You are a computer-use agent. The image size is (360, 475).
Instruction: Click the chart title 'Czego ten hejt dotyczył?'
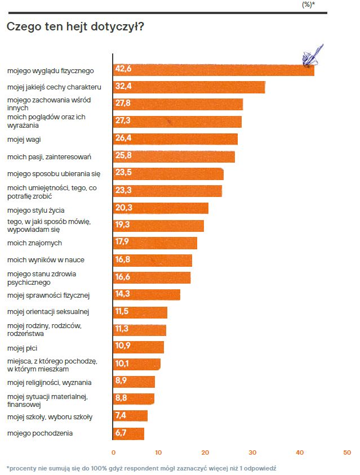[74, 26]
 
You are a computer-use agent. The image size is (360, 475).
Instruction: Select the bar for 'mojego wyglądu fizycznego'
[214, 70]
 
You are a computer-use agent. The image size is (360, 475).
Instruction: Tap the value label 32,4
[123, 87]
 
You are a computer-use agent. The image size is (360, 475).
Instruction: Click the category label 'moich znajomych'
[34, 243]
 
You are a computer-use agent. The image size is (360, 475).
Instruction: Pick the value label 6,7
[121, 433]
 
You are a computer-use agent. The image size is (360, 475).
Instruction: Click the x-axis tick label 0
[113, 452]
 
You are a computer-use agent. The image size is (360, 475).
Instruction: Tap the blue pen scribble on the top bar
[312, 56]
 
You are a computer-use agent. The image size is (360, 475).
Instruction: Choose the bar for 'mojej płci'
[139, 347]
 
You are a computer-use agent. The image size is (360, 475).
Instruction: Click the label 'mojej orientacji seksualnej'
[48, 312]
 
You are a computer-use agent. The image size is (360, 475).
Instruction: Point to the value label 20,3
[123, 208]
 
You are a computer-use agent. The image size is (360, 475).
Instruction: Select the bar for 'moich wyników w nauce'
[153, 261]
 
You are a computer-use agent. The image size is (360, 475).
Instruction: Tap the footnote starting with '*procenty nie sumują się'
[141, 468]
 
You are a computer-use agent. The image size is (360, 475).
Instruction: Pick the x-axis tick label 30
[253, 452]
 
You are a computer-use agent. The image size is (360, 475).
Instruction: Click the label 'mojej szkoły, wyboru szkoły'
[50, 417]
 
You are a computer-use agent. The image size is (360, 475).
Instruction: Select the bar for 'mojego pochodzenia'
[129, 433]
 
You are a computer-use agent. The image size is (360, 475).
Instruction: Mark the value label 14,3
[123, 295]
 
